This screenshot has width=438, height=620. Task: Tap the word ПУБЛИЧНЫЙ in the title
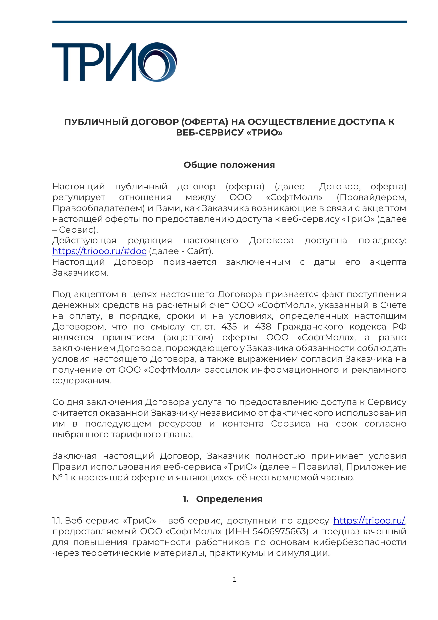point(96,122)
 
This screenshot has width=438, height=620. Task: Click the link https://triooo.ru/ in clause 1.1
point(369,520)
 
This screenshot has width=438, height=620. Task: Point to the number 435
point(229,327)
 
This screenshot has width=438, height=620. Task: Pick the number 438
point(263,327)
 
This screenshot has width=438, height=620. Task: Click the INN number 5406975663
point(280,531)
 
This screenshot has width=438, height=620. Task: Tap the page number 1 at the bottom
point(234,579)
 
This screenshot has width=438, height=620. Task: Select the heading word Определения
point(229,499)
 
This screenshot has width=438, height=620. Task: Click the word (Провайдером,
point(371,197)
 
